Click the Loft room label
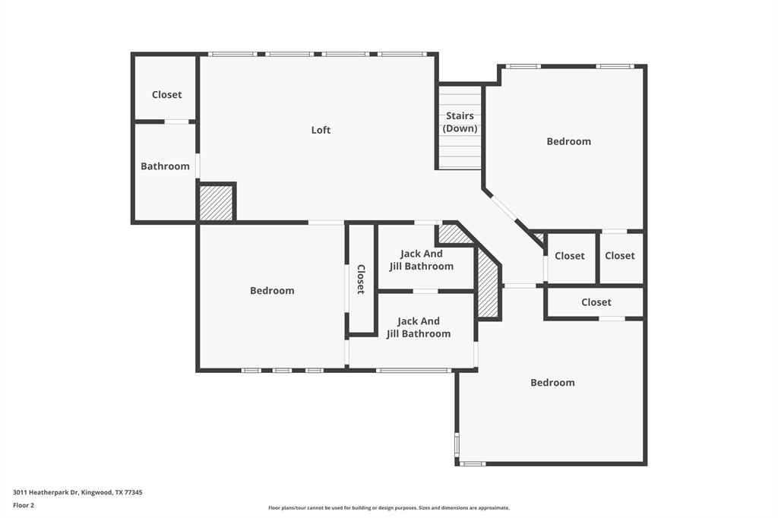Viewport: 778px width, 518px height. [321, 130]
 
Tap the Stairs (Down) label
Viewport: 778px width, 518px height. [460, 122]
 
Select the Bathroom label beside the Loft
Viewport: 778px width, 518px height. [165, 166]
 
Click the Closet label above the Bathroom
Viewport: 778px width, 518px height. [166, 95]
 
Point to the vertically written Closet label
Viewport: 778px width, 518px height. [361, 280]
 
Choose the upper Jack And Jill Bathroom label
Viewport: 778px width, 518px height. [421, 260]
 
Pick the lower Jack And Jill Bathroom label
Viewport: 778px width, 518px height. [419, 327]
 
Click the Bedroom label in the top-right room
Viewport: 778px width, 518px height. [568, 141]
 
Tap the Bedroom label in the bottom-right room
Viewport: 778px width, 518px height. [552, 383]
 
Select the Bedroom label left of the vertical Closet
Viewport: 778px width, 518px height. [272, 291]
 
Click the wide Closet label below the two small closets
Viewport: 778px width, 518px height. [596, 302]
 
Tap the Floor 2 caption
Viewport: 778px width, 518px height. [24, 506]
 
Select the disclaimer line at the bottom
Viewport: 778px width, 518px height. [388, 508]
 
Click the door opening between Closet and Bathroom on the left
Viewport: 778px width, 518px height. [176, 122]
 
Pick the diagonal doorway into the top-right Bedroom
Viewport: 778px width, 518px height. [504, 207]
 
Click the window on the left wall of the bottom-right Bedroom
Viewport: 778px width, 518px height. [457, 443]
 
